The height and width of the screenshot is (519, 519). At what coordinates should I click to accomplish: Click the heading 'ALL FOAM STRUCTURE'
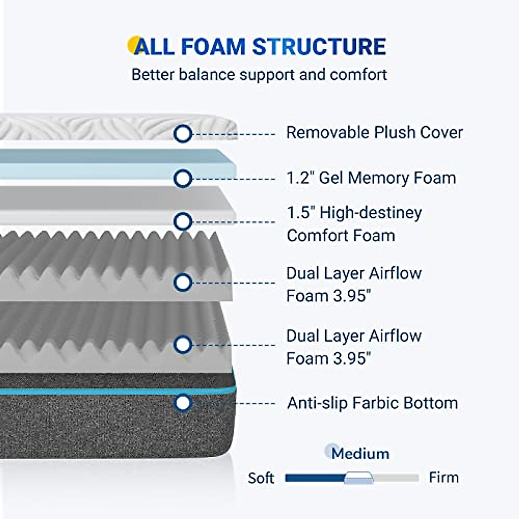[x=260, y=47]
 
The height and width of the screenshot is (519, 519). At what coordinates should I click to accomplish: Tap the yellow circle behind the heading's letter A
[x=134, y=45]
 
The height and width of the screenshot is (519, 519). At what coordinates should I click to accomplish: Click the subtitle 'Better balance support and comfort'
[x=259, y=74]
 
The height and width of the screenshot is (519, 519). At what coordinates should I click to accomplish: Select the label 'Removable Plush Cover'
[x=375, y=132]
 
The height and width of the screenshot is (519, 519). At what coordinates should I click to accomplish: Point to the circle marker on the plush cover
[x=183, y=134]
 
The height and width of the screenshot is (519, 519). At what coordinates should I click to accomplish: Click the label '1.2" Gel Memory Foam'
[x=371, y=178]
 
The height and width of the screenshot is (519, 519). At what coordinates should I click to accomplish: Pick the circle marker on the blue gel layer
[x=183, y=179]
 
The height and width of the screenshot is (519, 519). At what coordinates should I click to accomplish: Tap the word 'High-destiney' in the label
[x=371, y=213]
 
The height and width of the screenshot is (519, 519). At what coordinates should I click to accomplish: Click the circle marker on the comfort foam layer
[x=183, y=222]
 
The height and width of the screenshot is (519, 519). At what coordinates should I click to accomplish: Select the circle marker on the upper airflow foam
[x=183, y=282]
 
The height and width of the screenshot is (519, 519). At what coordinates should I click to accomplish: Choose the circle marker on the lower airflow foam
[x=183, y=345]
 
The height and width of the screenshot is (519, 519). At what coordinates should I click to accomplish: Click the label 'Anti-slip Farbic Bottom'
[x=372, y=403]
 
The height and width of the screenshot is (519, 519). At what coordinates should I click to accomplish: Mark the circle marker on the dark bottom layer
[x=183, y=403]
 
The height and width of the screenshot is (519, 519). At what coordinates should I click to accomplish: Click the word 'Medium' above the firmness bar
[x=360, y=454]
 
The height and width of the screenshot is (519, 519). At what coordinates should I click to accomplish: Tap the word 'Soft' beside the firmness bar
[x=261, y=478]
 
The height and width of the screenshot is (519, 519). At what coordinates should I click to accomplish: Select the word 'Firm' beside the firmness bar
[x=444, y=477]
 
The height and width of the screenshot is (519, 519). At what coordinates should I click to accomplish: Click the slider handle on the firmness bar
[x=359, y=477]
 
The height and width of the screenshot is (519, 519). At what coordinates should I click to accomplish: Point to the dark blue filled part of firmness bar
[x=315, y=478]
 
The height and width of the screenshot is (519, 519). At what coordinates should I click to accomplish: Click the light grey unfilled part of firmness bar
[x=396, y=478]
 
